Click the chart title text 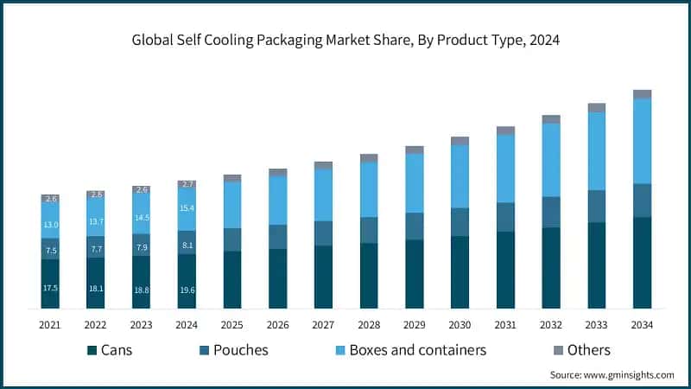[345, 40]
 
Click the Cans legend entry [117, 350]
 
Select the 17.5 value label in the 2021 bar [50, 288]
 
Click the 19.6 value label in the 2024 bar [187, 291]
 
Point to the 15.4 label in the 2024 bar [187, 208]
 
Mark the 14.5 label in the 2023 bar [142, 217]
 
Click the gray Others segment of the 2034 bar [642, 94]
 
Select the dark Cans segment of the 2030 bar [460, 271]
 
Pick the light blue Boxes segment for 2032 [551, 160]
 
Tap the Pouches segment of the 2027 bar [323, 233]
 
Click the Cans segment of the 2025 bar [232, 279]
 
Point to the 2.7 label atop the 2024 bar [187, 184]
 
